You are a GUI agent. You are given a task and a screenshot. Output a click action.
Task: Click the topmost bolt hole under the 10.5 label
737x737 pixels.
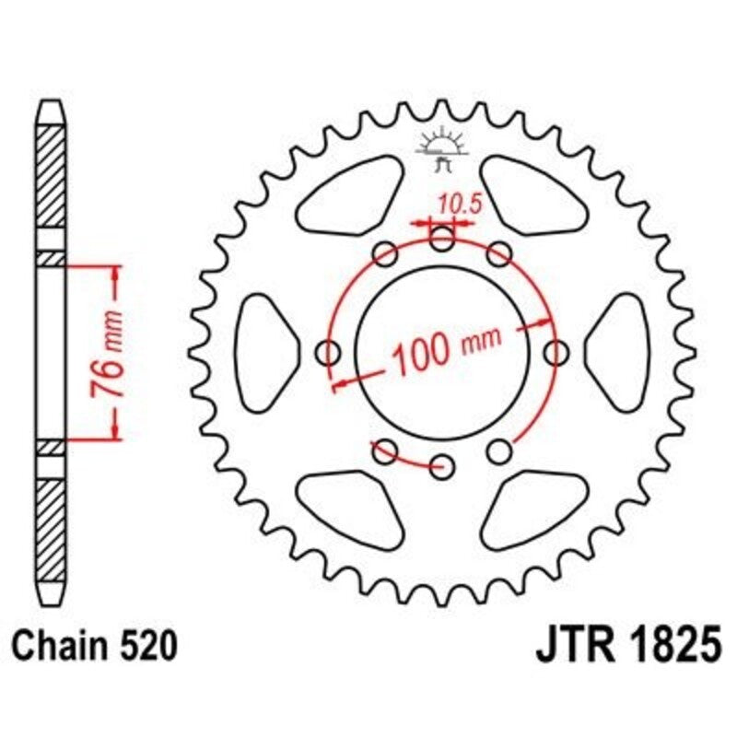pyautogui.click(x=442, y=242)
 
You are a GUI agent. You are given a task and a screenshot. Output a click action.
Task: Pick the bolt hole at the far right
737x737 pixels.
pyautogui.click(x=556, y=352)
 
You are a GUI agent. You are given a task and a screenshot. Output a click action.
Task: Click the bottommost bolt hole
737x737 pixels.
pyautogui.click(x=443, y=463)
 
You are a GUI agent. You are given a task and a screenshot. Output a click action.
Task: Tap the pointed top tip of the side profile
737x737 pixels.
pyautogui.click(x=52, y=103)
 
